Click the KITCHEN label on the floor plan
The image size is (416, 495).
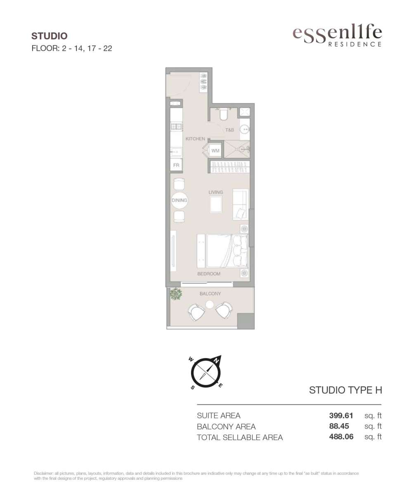coord(195,139)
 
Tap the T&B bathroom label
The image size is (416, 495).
coord(229,130)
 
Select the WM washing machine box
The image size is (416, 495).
coord(215,151)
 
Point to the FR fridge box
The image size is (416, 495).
coord(176,165)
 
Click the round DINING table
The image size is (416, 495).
coord(179,200)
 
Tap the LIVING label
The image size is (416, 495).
coord(215,192)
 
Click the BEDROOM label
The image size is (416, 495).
coord(209,274)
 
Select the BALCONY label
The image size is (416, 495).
coord(210,293)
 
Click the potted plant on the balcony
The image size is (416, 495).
coord(176,294)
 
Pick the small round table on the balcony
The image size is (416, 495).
coord(210,305)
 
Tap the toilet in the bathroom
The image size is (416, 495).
coord(223,114)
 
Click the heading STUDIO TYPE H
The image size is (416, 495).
coord(345,390)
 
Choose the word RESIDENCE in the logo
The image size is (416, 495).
coord(355,44)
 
